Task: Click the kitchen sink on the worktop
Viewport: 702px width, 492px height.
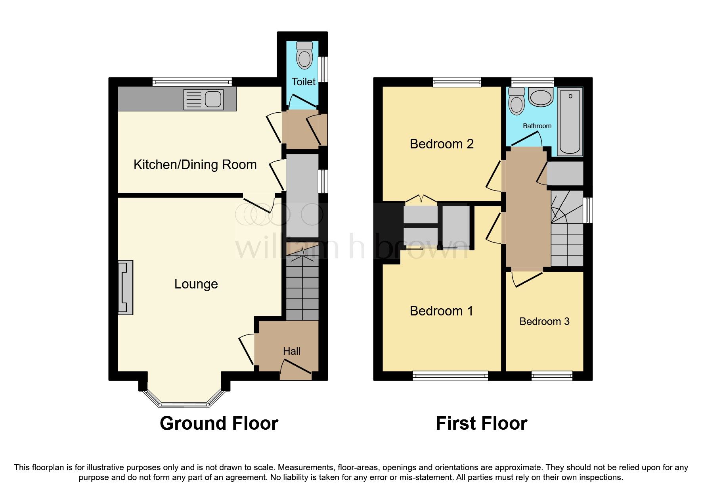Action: click(204, 99)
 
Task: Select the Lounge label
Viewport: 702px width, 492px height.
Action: click(196, 284)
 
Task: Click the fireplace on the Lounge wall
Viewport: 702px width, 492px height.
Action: click(126, 287)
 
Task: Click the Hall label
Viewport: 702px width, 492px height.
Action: click(292, 351)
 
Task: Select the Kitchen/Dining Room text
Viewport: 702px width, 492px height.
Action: click(195, 165)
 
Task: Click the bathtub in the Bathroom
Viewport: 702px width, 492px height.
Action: click(570, 121)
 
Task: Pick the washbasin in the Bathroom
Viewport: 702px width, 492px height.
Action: click(540, 97)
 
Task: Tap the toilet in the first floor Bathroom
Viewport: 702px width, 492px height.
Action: click(516, 101)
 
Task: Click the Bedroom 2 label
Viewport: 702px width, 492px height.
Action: click(442, 144)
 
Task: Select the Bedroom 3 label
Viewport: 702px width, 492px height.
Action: click(544, 321)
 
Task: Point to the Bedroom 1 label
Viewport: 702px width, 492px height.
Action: click(441, 311)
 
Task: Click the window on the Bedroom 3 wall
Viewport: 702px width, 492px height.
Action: click(552, 375)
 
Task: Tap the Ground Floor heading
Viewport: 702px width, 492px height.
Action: click(219, 423)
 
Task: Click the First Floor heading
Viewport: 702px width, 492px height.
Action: click(481, 423)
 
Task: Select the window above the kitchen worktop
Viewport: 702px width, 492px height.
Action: click(192, 82)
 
